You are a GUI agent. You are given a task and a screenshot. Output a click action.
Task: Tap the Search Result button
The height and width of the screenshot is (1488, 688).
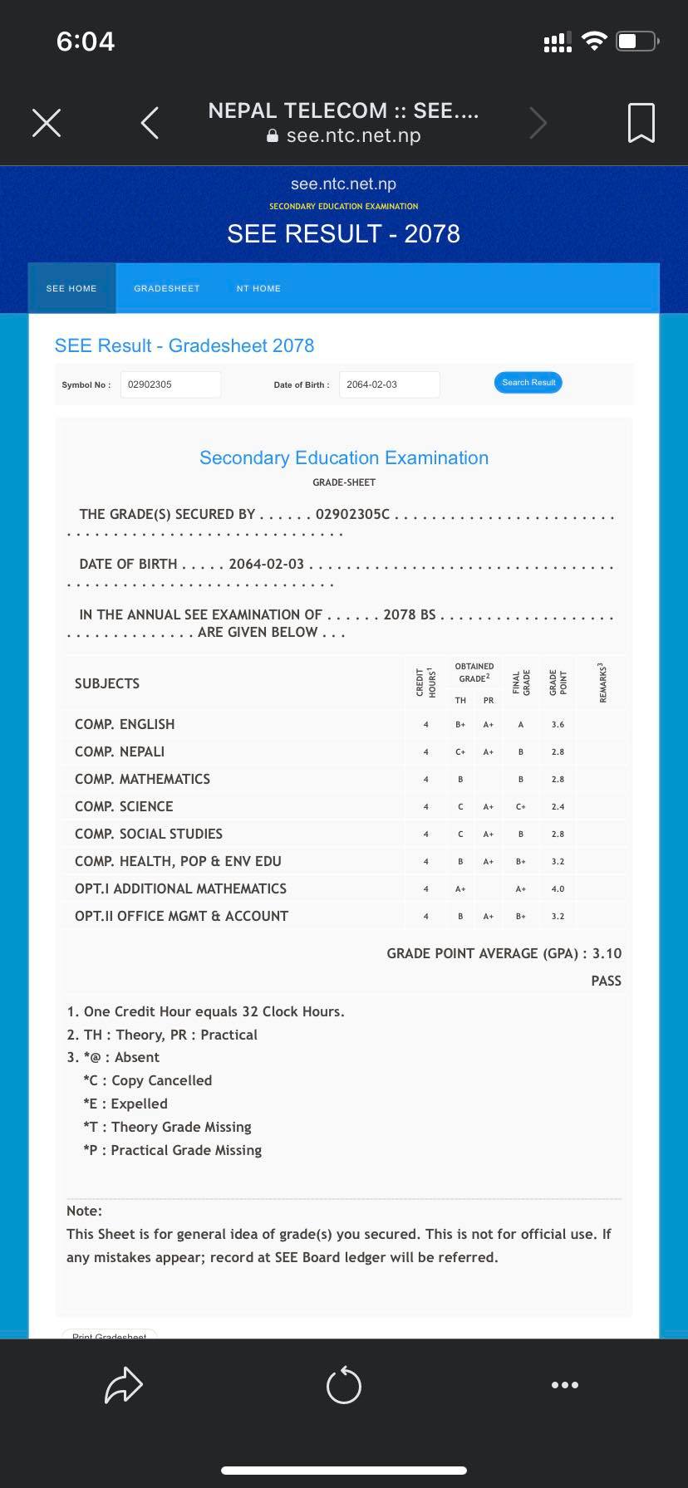528,383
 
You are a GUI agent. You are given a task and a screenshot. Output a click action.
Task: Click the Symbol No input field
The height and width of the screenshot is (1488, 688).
170,384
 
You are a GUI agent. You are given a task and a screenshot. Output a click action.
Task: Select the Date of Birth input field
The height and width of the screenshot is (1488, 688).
389,384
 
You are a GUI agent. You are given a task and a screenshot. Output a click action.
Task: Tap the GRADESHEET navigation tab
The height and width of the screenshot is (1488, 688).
167,288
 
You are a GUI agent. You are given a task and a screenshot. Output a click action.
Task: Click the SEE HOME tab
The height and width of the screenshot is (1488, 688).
71,288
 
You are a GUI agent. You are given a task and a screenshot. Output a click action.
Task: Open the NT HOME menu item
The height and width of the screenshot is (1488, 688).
258,288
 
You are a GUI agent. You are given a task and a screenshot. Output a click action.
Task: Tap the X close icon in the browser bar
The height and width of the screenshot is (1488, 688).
47,123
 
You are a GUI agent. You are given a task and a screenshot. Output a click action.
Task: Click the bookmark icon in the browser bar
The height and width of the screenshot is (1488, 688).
641,123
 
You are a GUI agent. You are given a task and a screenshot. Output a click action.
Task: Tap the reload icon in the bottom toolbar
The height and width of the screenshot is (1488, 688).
344,1385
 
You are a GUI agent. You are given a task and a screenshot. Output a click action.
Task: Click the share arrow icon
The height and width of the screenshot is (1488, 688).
124,1385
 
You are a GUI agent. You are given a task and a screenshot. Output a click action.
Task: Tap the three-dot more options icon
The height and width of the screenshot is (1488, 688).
565,1385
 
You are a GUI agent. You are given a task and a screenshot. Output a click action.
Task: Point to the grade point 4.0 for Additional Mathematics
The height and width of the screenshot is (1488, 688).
558,888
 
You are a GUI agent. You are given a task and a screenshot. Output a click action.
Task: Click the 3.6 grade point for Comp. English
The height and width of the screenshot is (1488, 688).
558,724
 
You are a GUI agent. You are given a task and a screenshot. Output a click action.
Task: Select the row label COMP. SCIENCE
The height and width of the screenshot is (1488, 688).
123,806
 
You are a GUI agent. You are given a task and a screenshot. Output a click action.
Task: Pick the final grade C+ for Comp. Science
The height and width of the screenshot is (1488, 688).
521,806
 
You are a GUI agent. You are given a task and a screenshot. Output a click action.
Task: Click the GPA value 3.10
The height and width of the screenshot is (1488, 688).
607,953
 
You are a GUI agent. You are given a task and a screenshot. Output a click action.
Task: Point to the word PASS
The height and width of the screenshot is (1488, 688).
606,981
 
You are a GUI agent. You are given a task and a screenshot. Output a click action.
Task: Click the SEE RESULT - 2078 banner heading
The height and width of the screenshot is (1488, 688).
343,233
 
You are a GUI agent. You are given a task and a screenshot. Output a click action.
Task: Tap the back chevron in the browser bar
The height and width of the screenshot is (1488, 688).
150,123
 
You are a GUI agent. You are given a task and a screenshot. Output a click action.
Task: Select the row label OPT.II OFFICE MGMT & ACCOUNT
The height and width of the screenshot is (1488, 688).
181,916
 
